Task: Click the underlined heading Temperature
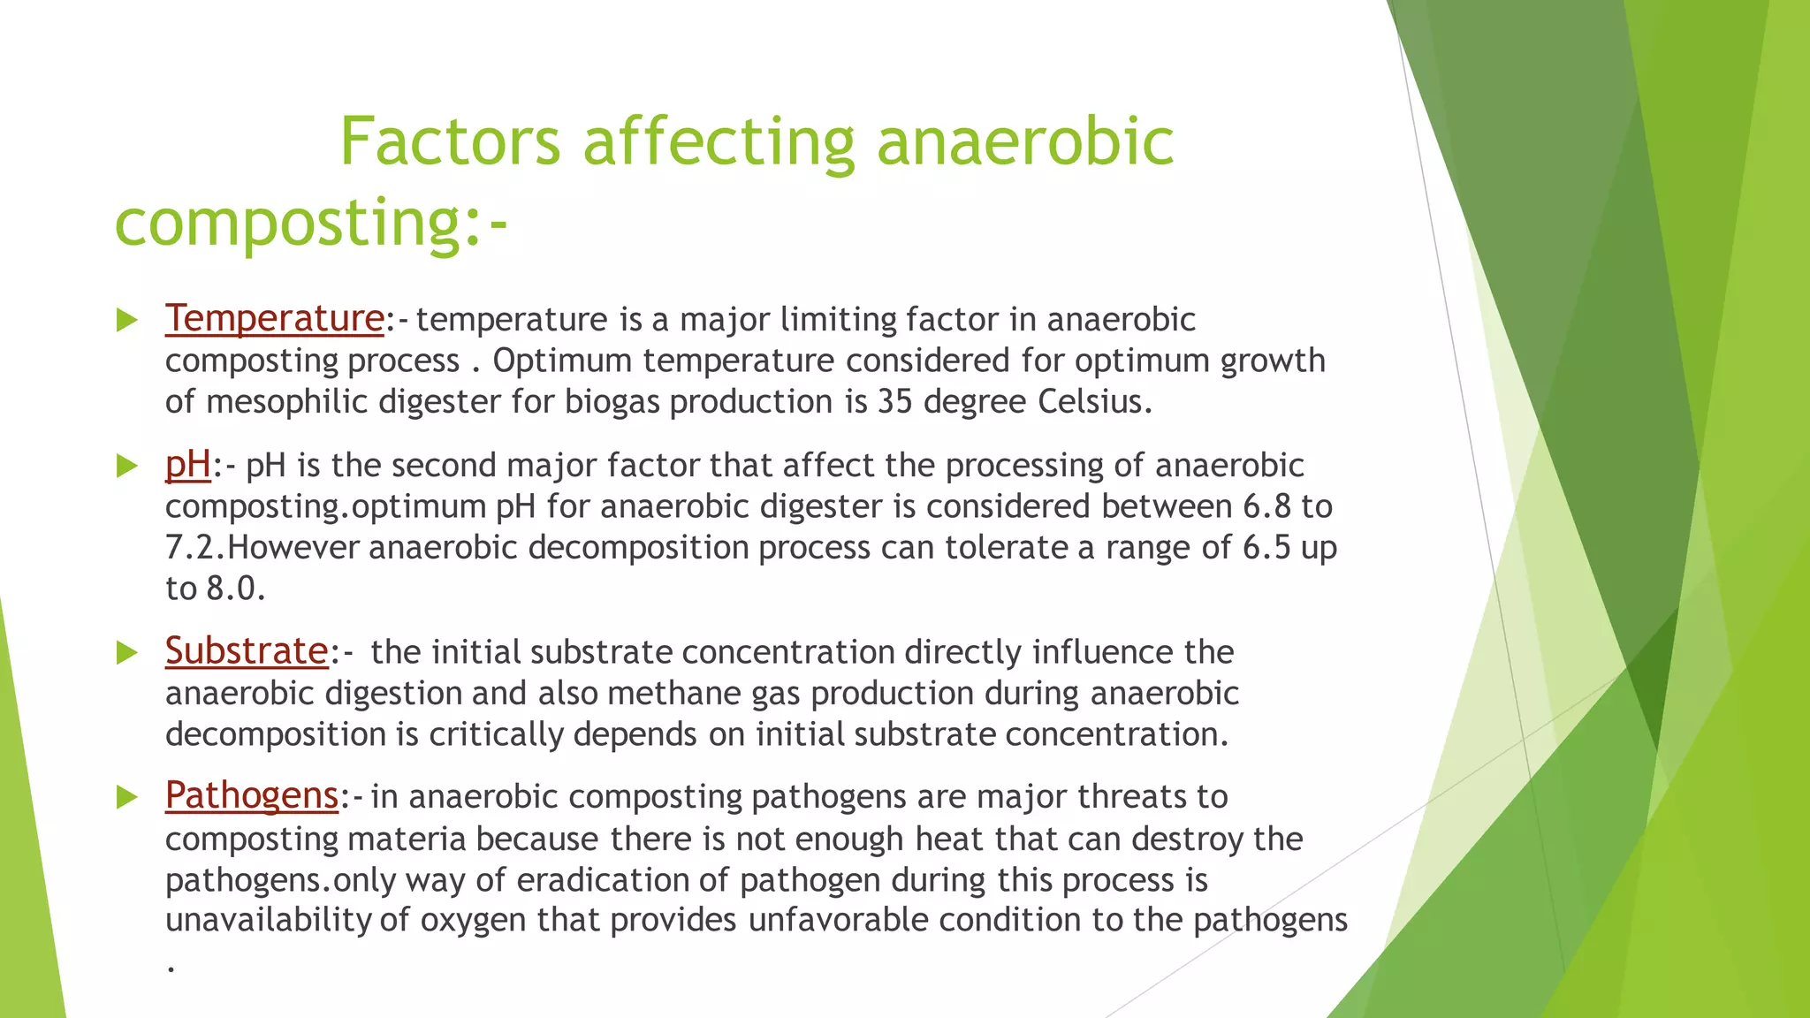click(x=274, y=318)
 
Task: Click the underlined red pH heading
click(x=188, y=465)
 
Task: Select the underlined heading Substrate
click(x=247, y=651)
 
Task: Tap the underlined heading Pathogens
click(x=252, y=795)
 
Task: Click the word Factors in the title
click(x=450, y=141)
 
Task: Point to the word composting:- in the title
click(x=311, y=222)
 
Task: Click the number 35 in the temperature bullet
click(x=895, y=402)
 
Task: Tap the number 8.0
click(x=234, y=589)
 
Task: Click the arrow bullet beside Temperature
click(x=127, y=320)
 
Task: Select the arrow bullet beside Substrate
click(x=127, y=653)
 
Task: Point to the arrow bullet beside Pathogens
click(x=127, y=798)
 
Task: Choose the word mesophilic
click(x=287, y=402)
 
